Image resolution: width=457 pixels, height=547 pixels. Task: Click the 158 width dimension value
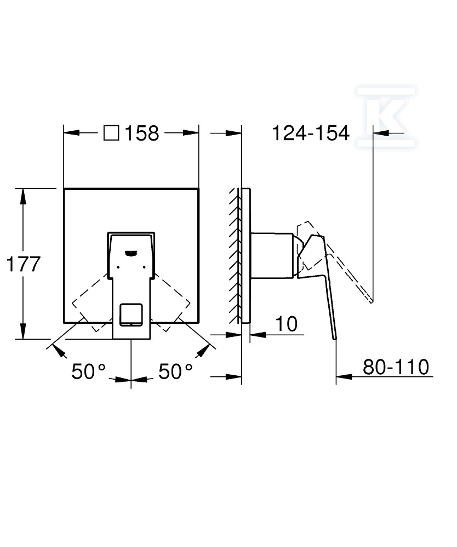point(142,133)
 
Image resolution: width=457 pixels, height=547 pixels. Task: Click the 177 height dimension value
point(24,264)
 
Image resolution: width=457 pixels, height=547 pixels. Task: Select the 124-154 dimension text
point(311,133)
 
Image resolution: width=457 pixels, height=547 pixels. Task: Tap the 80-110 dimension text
point(396,366)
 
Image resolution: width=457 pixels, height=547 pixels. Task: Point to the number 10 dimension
point(287,324)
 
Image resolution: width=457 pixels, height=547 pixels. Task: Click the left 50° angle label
point(88,371)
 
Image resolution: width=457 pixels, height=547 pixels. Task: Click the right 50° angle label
point(175,371)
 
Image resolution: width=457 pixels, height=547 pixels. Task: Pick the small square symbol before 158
point(111,133)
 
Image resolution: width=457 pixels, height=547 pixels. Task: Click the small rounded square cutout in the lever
point(131,315)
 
